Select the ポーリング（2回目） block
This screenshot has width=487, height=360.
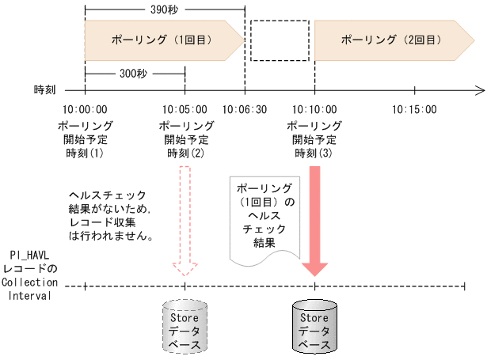click(388, 39)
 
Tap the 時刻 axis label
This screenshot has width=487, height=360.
click(45, 90)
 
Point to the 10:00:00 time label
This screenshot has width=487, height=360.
click(85, 110)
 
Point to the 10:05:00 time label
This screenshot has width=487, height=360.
click(185, 110)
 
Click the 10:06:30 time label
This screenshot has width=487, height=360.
click(245, 110)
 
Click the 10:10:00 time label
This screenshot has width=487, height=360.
click(314, 110)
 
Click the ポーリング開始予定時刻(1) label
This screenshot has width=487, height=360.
click(85, 139)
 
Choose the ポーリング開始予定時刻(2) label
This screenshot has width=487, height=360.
click(185, 139)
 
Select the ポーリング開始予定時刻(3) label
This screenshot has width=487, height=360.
click(314, 139)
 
